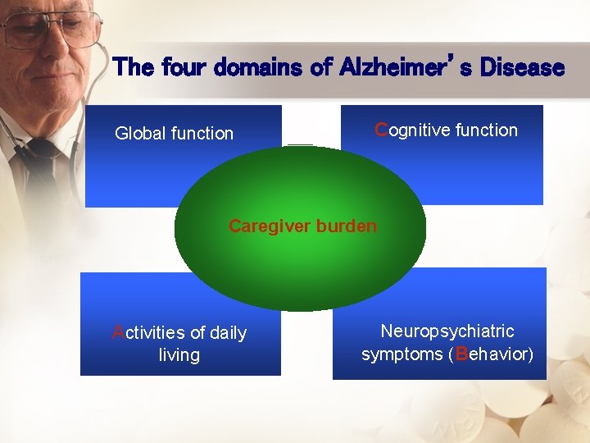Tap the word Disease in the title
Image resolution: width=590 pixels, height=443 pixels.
[522, 66]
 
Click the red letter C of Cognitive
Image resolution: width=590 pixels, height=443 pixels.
[381, 130]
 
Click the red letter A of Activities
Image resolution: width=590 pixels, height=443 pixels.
[118, 332]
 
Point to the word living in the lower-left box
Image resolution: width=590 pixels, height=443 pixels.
[179, 355]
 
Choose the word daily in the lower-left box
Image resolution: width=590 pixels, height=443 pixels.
[229, 332]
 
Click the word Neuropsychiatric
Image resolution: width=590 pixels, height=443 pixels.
[447, 331]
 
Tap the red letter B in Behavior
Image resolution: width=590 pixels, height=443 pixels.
[462, 354]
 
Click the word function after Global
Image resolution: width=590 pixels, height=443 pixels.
[202, 133]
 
